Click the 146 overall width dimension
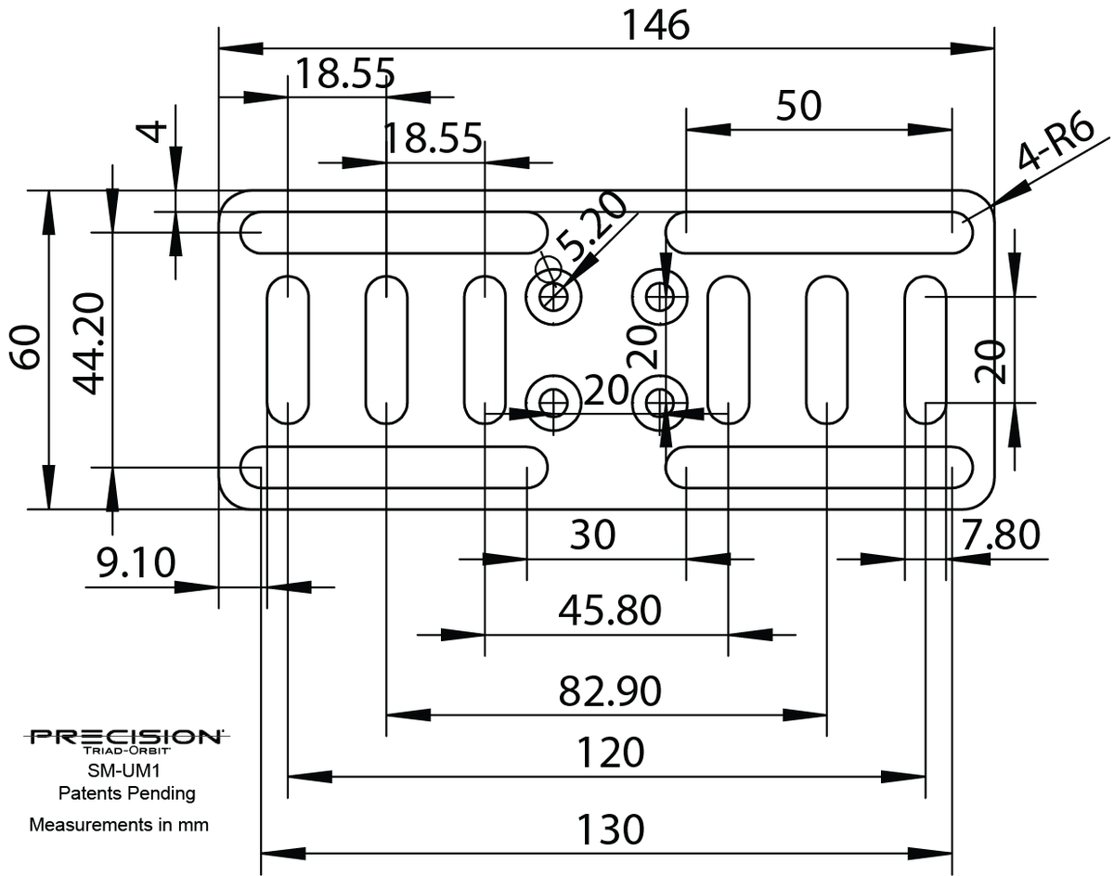point(655,25)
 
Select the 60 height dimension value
point(27,348)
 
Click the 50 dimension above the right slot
point(798,107)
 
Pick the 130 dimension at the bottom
point(610,829)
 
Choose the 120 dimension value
point(610,753)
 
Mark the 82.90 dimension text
point(610,691)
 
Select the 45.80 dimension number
point(610,611)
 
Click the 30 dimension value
point(592,535)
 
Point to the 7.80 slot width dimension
point(1001,535)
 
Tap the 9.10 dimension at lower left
point(136,561)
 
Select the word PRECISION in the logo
point(125,737)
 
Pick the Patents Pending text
point(126,793)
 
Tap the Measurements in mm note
point(119,824)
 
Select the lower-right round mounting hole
point(660,402)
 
